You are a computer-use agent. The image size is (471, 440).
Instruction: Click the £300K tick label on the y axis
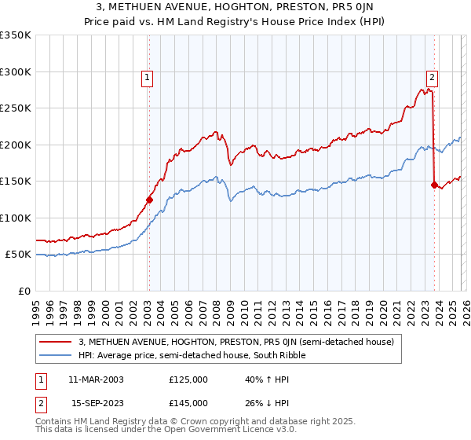coord(16,71)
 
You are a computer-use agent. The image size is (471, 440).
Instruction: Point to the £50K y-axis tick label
coord(18,255)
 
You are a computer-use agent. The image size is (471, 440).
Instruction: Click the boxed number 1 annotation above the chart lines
coord(148,77)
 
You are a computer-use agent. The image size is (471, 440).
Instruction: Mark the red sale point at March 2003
coord(149,200)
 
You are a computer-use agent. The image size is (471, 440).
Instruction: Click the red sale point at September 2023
coord(434,185)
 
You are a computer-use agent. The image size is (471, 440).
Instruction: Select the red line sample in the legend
coord(56,342)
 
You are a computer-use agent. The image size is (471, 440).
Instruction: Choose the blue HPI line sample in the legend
coord(56,355)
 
